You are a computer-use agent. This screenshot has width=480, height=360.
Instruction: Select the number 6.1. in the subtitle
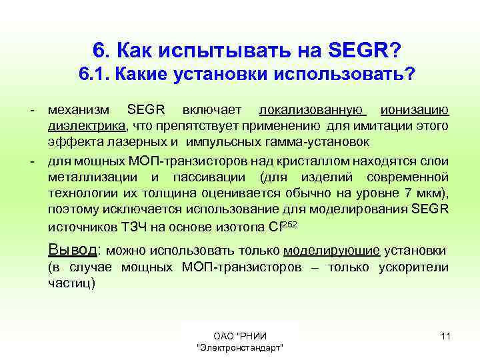coord(94,74)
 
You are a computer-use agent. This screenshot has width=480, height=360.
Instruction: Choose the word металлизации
coord(93,177)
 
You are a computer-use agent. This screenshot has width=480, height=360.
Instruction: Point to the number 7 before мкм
coord(411,193)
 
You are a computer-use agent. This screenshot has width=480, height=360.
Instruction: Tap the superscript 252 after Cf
coord(289,223)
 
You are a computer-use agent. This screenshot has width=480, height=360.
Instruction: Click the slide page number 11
coord(445,335)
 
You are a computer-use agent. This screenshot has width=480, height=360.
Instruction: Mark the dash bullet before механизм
coord(32,109)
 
